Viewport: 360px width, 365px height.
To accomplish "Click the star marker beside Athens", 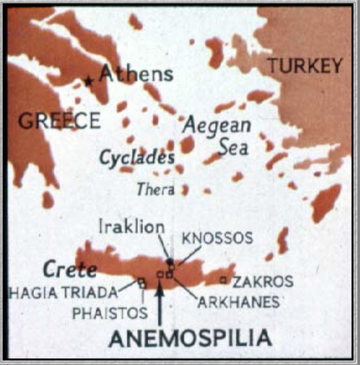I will point(89,81).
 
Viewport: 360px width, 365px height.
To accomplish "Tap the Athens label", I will point(136,74).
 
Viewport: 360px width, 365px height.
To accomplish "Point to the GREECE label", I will point(59,121).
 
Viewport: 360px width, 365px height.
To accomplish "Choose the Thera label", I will point(156,190).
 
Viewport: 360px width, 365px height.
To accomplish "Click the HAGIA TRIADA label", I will point(64,293).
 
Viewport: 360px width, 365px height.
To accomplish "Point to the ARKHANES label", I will point(238,302).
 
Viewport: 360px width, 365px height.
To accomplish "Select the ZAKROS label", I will point(263,282).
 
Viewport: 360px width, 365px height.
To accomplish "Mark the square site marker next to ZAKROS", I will point(224,280).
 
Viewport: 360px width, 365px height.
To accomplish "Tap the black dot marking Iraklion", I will point(170,262).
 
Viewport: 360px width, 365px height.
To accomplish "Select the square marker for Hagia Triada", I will point(142,282).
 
